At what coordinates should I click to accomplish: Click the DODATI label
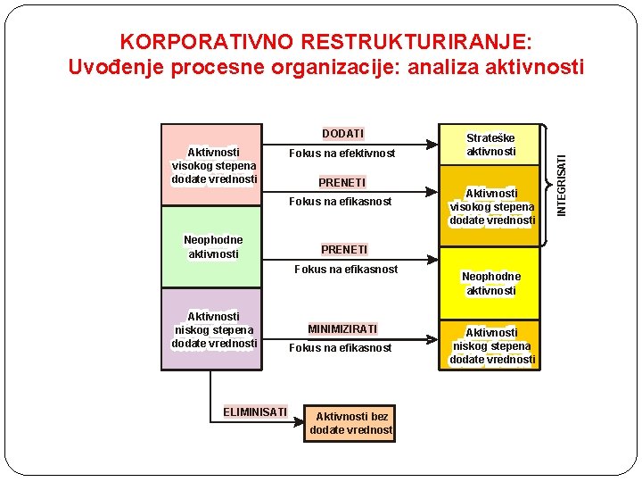(x=342, y=134)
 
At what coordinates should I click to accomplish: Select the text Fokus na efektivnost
(x=342, y=154)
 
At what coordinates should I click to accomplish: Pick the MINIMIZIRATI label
(x=342, y=329)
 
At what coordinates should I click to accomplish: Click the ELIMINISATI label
(x=255, y=411)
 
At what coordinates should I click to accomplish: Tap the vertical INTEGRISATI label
(x=562, y=184)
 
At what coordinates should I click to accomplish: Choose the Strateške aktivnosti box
(x=491, y=145)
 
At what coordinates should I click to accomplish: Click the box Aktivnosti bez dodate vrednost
(x=350, y=423)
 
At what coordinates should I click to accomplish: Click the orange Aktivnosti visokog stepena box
(x=492, y=206)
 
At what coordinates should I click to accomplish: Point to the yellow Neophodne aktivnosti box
(x=491, y=283)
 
